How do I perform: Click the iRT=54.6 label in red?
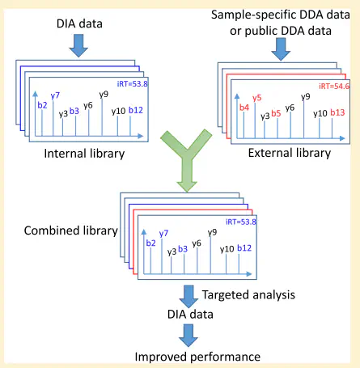pyautogui.click(x=334, y=86)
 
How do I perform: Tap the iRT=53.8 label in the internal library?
pyautogui.click(x=132, y=83)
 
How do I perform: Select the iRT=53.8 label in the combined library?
pyautogui.click(x=241, y=222)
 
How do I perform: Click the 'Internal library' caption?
pyautogui.click(x=84, y=154)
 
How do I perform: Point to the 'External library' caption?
pyautogui.click(x=290, y=153)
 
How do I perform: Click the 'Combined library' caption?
pyautogui.click(x=71, y=231)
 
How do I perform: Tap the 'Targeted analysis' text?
pyautogui.click(x=248, y=294)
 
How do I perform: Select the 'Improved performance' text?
pyautogui.click(x=197, y=357)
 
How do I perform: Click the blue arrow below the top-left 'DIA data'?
pyautogui.click(x=78, y=45)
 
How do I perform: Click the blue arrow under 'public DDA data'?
pyautogui.click(x=281, y=49)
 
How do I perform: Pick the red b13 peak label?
pyautogui.click(x=337, y=112)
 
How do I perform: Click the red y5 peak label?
pyautogui.click(x=257, y=98)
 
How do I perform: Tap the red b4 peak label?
pyautogui.click(x=244, y=108)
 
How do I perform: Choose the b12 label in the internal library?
pyautogui.click(x=136, y=110)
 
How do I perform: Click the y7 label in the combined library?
pyautogui.click(x=163, y=233)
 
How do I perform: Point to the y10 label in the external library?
pyautogui.click(x=320, y=113)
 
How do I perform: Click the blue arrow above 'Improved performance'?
pyautogui.click(x=188, y=335)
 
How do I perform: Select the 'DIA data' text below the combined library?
pyautogui.click(x=190, y=315)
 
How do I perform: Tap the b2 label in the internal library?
pyautogui.click(x=42, y=105)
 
